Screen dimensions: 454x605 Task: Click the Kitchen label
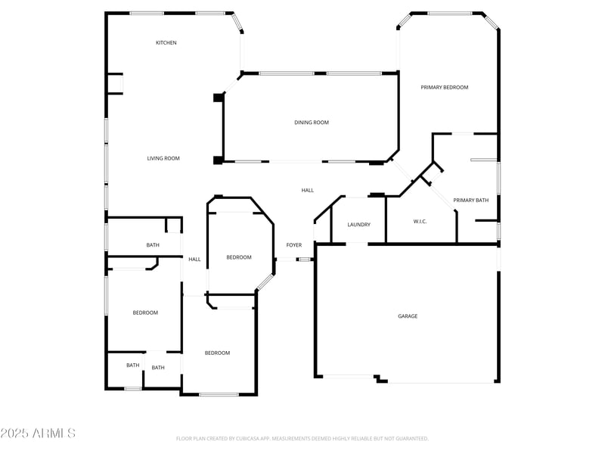tap(166, 42)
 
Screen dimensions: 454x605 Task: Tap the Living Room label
tap(163, 158)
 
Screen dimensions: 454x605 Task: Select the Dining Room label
tap(312, 123)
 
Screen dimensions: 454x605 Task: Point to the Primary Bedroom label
tap(445, 88)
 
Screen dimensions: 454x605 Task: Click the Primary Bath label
tap(471, 201)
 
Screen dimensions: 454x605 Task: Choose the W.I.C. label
tap(421, 222)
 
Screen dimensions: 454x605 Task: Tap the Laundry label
tap(358, 225)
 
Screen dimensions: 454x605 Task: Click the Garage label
tap(408, 316)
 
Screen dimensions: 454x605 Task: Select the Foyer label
tap(294, 245)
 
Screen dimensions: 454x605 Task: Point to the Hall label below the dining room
tap(308, 191)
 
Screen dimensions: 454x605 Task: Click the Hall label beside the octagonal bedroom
tap(195, 260)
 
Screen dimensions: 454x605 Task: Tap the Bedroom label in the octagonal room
tap(239, 258)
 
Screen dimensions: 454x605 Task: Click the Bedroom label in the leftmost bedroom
tap(145, 313)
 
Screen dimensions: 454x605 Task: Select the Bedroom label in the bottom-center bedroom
tap(218, 353)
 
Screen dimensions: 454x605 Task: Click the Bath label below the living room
tap(153, 245)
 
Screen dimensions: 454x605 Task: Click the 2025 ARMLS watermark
tap(38, 434)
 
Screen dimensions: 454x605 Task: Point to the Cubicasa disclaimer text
tap(302, 438)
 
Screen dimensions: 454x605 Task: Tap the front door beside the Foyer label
tap(304, 260)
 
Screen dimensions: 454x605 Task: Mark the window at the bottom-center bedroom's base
tap(219, 394)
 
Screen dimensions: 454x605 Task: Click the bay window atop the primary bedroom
tap(450, 13)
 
